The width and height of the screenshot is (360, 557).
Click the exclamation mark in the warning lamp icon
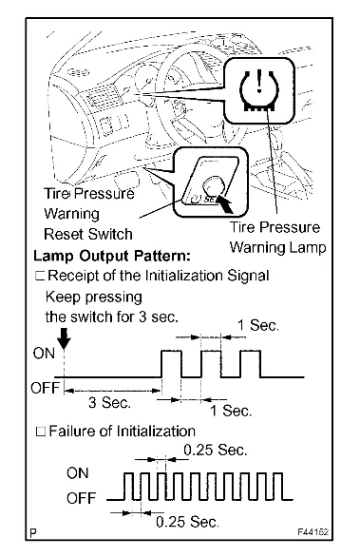pyautogui.click(x=260, y=81)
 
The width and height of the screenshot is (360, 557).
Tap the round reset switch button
pyautogui.click(x=214, y=184)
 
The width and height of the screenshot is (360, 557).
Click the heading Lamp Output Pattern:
pyautogui.click(x=112, y=256)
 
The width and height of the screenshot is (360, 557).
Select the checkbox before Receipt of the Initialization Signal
pyautogui.click(x=39, y=276)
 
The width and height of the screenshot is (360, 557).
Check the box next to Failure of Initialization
pyautogui.click(x=41, y=432)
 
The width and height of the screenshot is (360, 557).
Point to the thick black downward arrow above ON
pyautogui.click(x=64, y=338)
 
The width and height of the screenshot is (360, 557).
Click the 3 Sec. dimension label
pyautogui.click(x=109, y=403)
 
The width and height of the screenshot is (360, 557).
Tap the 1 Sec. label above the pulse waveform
pyautogui.click(x=258, y=325)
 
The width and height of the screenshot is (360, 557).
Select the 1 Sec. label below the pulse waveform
pyautogui.click(x=231, y=411)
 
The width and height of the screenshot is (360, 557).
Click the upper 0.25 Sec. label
pyautogui.click(x=216, y=451)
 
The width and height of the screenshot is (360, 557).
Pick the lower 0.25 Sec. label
pyautogui.click(x=187, y=522)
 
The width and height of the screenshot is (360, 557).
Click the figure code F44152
pyautogui.click(x=313, y=532)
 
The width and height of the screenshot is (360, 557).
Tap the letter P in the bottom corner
pyautogui.click(x=33, y=533)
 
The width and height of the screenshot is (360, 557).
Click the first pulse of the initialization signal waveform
pyautogui.click(x=172, y=351)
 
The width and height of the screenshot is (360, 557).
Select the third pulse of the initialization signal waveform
pyautogui.click(x=251, y=351)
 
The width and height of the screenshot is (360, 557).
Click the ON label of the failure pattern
pyautogui.click(x=77, y=473)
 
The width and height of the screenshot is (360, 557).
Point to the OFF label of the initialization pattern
pyautogui.click(x=45, y=388)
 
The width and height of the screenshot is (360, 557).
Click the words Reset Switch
pyautogui.click(x=88, y=234)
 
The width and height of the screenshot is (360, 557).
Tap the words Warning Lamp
pyautogui.click(x=277, y=247)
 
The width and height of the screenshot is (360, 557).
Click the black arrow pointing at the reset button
pyautogui.click(x=225, y=205)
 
